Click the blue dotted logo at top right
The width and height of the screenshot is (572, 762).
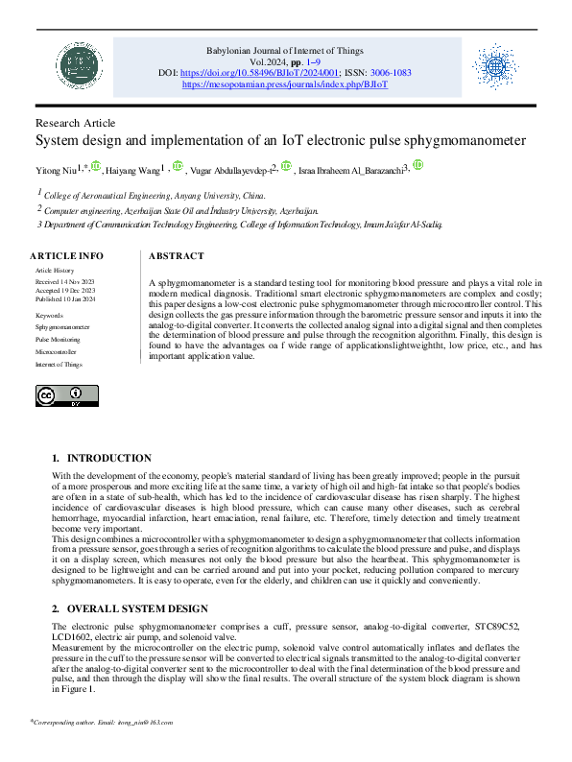click(x=496, y=65)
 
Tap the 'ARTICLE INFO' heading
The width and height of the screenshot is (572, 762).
click(x=66, y=256)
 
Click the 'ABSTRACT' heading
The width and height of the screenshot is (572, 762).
click(x=177, y=256)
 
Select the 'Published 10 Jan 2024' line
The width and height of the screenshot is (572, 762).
click(x=66, y=299)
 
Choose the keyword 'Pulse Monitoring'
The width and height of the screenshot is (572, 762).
click(x=58, y=340)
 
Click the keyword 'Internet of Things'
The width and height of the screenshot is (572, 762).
click(x=60, y=365)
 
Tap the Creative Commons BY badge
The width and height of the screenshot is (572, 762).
click(x=67, y=395)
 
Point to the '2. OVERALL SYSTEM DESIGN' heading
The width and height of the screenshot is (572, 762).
click(x=130, y=608)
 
